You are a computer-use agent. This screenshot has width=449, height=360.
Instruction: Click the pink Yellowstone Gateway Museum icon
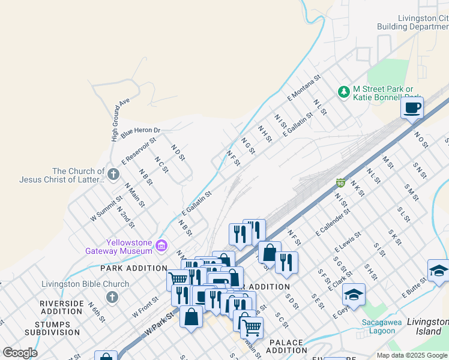[161, 245]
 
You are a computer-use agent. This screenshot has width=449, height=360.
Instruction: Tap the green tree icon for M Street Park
[343, 92]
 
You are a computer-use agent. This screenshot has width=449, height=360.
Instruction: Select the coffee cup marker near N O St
[412, 109]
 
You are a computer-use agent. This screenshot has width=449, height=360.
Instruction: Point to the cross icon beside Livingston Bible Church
[112, 297]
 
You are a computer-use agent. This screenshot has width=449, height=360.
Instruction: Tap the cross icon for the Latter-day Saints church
[113, 174]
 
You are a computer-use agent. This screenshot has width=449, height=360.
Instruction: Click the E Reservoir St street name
[138, 151]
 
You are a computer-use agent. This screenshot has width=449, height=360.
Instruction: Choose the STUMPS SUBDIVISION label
[60, 329]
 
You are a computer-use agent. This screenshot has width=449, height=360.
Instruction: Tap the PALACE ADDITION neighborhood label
[286, 346]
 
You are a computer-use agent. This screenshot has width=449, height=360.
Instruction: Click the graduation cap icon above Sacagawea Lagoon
[354, 295]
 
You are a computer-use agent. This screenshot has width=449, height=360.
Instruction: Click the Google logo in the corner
[20, 352]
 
